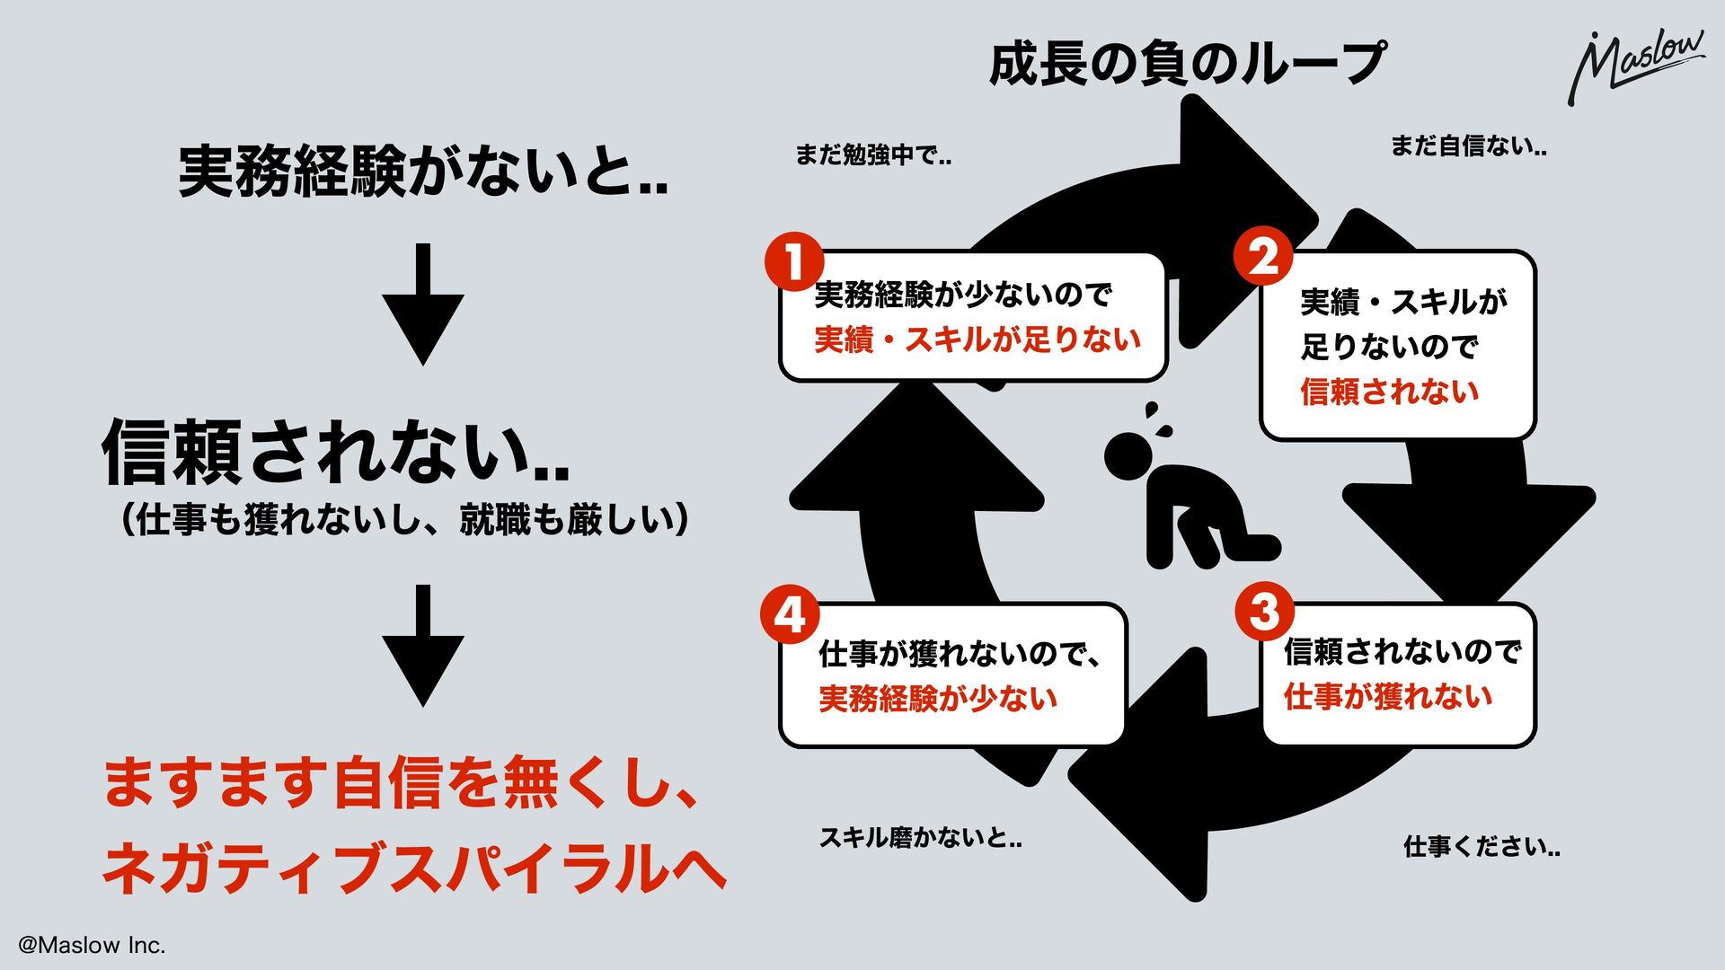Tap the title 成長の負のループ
[x=1186, y=64]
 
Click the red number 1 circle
[x=794, y=261]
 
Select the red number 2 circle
[x=1263, y=258]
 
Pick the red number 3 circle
[x=1264, y=612]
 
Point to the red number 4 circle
[x=790, y=615]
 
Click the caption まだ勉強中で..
[x=872, y=155]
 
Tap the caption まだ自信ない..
[x=1468, y=145]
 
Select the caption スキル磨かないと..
[x=920, y=838]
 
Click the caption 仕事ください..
[x=1482, y=846]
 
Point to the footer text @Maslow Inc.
[x=92, y=945]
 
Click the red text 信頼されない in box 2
[x=1389, y=392]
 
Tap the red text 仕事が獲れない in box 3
[x=1388, y=696]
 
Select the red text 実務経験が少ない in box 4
[x=937, y=699]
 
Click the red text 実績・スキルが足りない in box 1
[x=977, y=339]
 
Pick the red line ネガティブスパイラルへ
[x=414, y=869]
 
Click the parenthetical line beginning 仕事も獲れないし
[x=403, y=519]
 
